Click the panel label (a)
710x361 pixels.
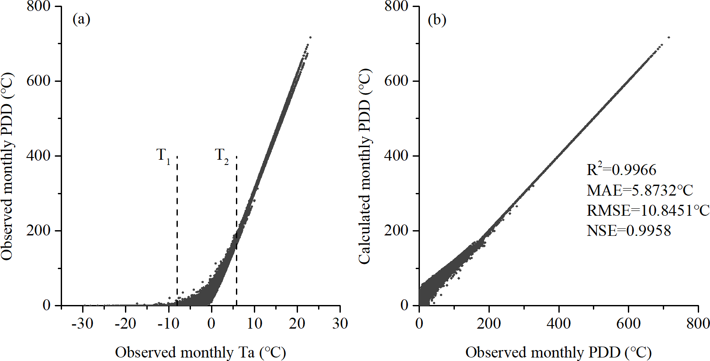[x=81, y=19]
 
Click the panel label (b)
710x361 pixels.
[x=437, y=20]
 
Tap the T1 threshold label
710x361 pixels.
[x=163, y=156]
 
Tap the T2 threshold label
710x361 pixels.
[x=222, y=156]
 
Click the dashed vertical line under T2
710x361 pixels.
[x=236, y=197]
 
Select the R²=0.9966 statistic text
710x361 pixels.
[x=621, y=170]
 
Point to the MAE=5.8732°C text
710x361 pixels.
[x=640, y=190]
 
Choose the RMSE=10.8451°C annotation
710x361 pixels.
[x=648, y=210]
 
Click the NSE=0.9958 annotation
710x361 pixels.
[x=628, y=231]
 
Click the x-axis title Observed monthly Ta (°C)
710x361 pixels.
[x=200, y=352]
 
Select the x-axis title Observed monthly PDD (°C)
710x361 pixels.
[x=558, y=352]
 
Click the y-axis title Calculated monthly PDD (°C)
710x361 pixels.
[x=364, y=166]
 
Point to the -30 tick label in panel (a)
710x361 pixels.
[x=82, y=324]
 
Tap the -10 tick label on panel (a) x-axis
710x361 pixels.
[x=168, y=324]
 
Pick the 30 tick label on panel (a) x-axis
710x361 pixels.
[x=340, y=324]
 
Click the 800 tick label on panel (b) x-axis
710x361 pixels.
[x=698, y=324]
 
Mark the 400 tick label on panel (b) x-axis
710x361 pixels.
[x=558, y=324]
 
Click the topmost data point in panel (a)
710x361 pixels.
[x=310, y=37]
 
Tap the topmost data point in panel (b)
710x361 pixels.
[x=668, y=37]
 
